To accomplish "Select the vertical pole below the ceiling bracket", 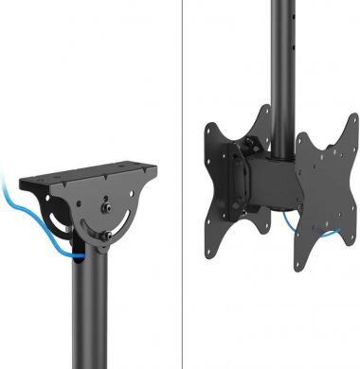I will tap(94, 312).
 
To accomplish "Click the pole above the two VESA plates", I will tap(281, 57).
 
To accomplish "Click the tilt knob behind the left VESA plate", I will tap(250, 148).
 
